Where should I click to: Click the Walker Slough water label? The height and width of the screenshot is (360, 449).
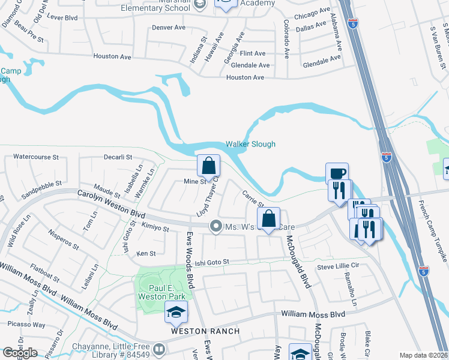coord(250,144)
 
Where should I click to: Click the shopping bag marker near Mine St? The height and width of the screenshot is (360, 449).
coord(208,166)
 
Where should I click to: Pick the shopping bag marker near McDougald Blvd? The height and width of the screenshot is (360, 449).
coord(270,219)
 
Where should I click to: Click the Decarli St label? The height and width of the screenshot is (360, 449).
coord(118,157)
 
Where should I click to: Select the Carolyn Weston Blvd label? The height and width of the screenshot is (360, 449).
coord(112,204)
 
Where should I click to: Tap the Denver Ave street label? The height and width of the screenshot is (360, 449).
coord(169,28)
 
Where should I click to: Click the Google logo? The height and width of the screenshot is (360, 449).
coord(20,353)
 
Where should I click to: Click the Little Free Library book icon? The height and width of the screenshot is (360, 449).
coord(159,349)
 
